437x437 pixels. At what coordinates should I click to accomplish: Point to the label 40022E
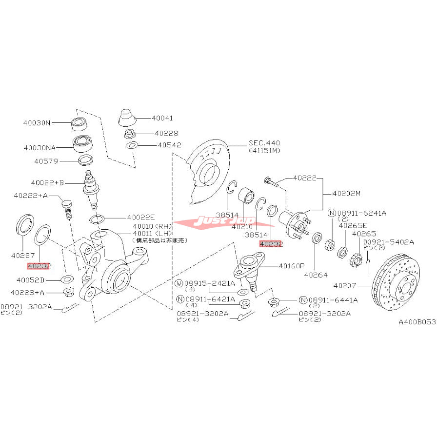pos(141,218)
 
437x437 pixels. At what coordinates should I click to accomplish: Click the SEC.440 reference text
pos(265,142)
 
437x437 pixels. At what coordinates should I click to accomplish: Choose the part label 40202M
pos(346,194)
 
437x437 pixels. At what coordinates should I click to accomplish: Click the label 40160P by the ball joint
pos(292,266)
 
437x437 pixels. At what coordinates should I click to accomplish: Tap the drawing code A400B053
pos(417,322)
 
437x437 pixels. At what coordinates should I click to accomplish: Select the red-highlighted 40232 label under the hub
pos(271,244)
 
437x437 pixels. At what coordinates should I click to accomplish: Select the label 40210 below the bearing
pos(241,226)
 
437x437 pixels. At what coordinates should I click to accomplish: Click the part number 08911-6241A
pos(363,213)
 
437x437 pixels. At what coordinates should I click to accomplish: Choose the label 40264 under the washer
pos(315,275)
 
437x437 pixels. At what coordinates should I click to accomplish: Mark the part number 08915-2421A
pos(209,283)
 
